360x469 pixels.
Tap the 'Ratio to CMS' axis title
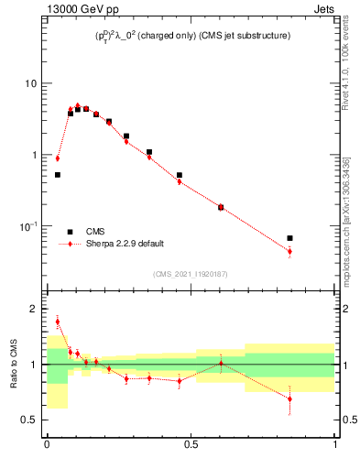(x=13, y=365)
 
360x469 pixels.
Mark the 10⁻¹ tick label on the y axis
(x=30, y=225)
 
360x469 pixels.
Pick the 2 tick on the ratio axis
(x=35, y=309)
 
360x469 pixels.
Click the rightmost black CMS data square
(x=289, y=238)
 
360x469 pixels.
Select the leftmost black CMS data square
(x=57, y=174)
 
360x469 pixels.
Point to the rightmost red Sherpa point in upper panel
(x=289, y=251)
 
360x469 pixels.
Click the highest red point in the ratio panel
(x=57, y=322)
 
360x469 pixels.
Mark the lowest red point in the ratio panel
(x=289, y=398)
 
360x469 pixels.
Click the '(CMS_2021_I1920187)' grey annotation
(x=191, y=273)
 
